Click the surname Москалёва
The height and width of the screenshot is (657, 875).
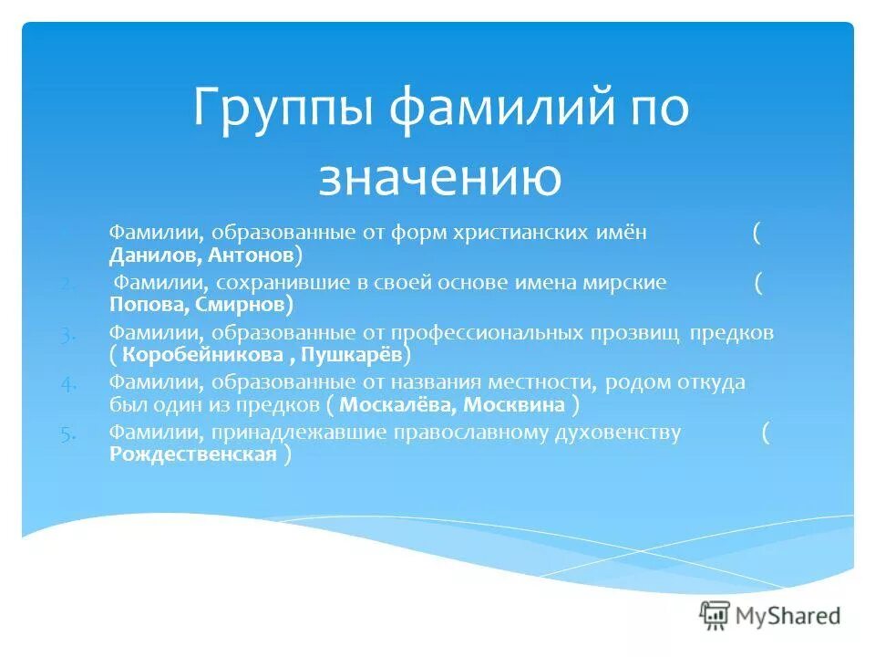click(x=390, y=404)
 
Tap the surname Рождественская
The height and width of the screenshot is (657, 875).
click(x=192, y=454)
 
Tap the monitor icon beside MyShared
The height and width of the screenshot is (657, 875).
click(x=715, y=616)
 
